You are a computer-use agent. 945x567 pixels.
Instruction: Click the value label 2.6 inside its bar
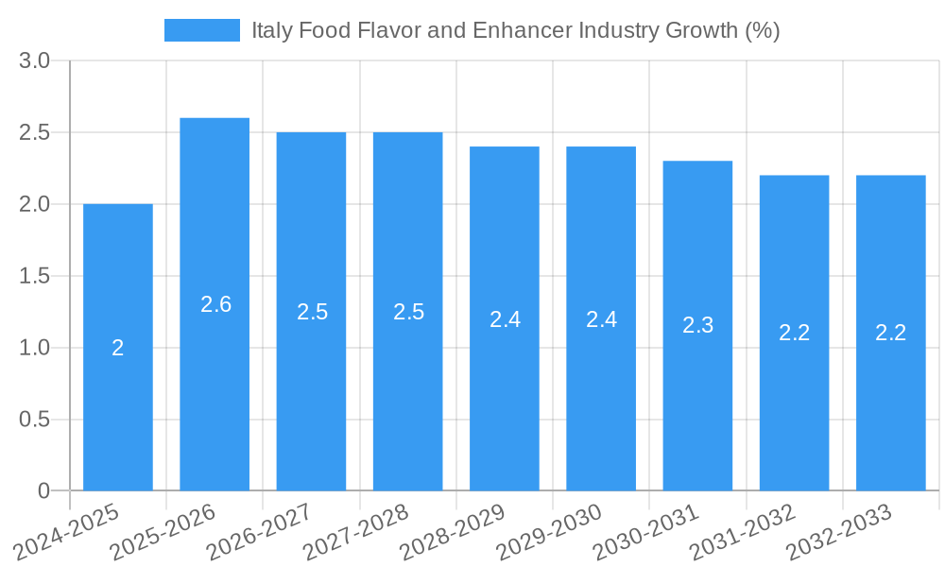(215, 304)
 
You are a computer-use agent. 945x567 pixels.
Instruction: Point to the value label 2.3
(697, 326)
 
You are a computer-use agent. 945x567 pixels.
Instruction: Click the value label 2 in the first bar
(118, 348)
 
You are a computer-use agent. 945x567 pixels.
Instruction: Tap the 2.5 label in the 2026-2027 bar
(312, 312)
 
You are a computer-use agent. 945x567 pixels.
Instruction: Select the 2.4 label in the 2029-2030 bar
(601, 319)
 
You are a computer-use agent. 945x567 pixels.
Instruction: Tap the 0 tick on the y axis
(43, 490)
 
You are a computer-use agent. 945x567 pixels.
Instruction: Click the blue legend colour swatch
(202, 30)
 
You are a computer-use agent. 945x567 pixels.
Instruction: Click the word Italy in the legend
(271, 30)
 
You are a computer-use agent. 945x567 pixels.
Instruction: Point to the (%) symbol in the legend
(762, 30)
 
